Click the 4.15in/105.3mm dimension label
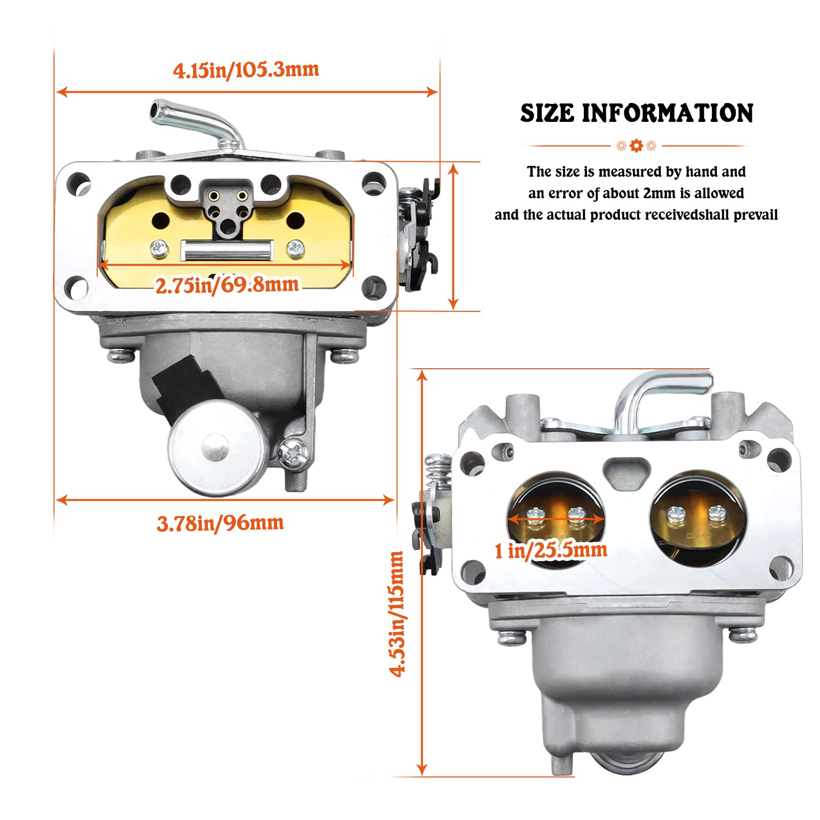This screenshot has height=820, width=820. point(246,70)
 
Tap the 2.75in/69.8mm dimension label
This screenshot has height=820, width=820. point(226,285)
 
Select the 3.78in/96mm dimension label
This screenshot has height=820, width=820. point(220,523)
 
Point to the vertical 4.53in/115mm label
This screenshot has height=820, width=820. point(397,614)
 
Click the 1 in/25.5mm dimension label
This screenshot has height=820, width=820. point(551,551)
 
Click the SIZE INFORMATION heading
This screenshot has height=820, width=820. point(637,113)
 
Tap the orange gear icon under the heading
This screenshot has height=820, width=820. point(636,146)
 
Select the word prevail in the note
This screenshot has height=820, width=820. point(755,215)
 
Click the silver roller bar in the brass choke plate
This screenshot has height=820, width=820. point(227,250)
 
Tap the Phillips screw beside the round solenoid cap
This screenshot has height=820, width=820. point(293,452)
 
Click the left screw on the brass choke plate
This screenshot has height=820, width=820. point(159,248)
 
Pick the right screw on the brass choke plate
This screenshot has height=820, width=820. point(296,248)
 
